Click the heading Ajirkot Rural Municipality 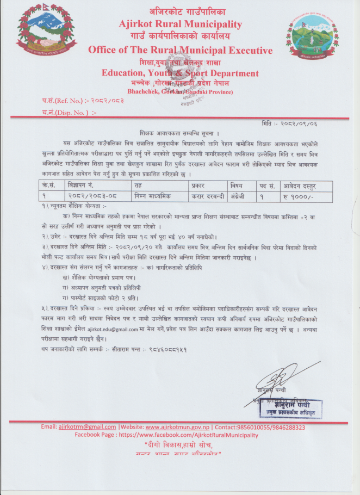coord(180,24)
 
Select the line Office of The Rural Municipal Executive coord(180,51)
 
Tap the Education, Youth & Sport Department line coord(180,73)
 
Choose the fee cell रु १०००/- coord(298,195)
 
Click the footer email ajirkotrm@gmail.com coord(87,427)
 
